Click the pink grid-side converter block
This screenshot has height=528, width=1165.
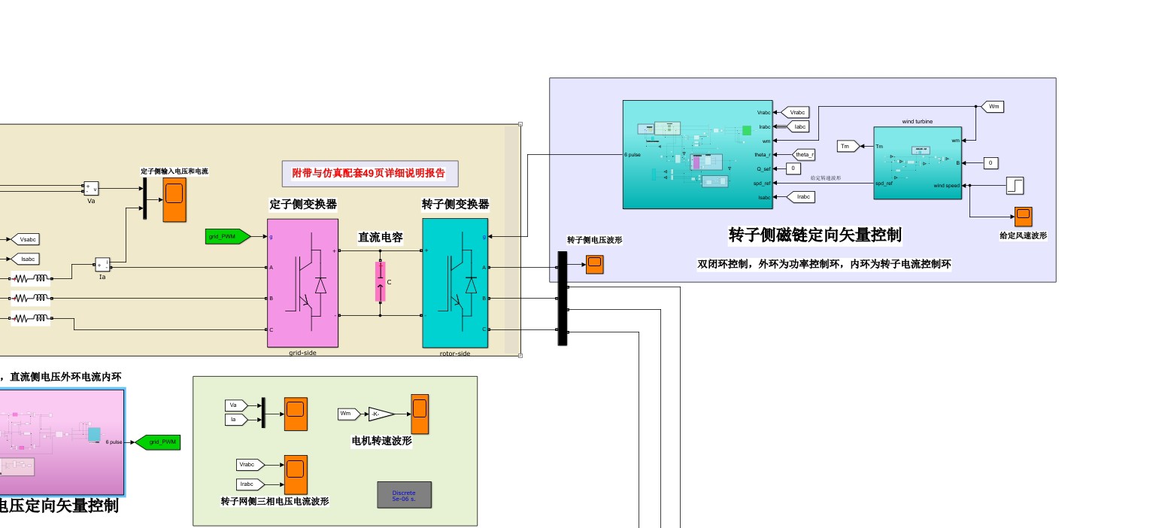click(x=302, y=283)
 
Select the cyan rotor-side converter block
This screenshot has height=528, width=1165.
click(x=455, y=283)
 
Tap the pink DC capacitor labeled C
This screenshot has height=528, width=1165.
click(x=380, y=282)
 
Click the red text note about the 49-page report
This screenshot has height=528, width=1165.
click(x=369, y=173)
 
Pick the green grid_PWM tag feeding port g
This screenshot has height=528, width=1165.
click(x=227, y=236)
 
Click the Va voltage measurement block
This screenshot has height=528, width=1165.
click(x=91, y=188)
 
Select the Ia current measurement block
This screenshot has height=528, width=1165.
click(x=102, y=265)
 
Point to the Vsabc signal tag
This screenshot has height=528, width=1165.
click(x=25, y=239)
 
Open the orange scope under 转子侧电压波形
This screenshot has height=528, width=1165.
click(x=594, y=265)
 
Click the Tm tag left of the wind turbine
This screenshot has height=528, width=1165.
click(x=848, y=146)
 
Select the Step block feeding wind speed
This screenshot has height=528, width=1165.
click(x=1015, y=185)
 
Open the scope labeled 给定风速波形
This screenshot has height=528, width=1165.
click(x=1023, y=217)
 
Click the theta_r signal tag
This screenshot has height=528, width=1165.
click(x=804, y=154)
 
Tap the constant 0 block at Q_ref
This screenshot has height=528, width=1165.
click(x=793, y=168)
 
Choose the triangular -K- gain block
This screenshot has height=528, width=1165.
click(x=381, y=414)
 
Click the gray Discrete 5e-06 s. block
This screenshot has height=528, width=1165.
click(x=404, y=495)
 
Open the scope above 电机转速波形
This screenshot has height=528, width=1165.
click(x=419, y=414)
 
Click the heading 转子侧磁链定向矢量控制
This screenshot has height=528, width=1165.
click(x=815, y=235)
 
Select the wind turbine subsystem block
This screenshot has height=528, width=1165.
click(x=917, y=162)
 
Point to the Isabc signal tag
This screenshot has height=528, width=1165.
click(x=25, y=259)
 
